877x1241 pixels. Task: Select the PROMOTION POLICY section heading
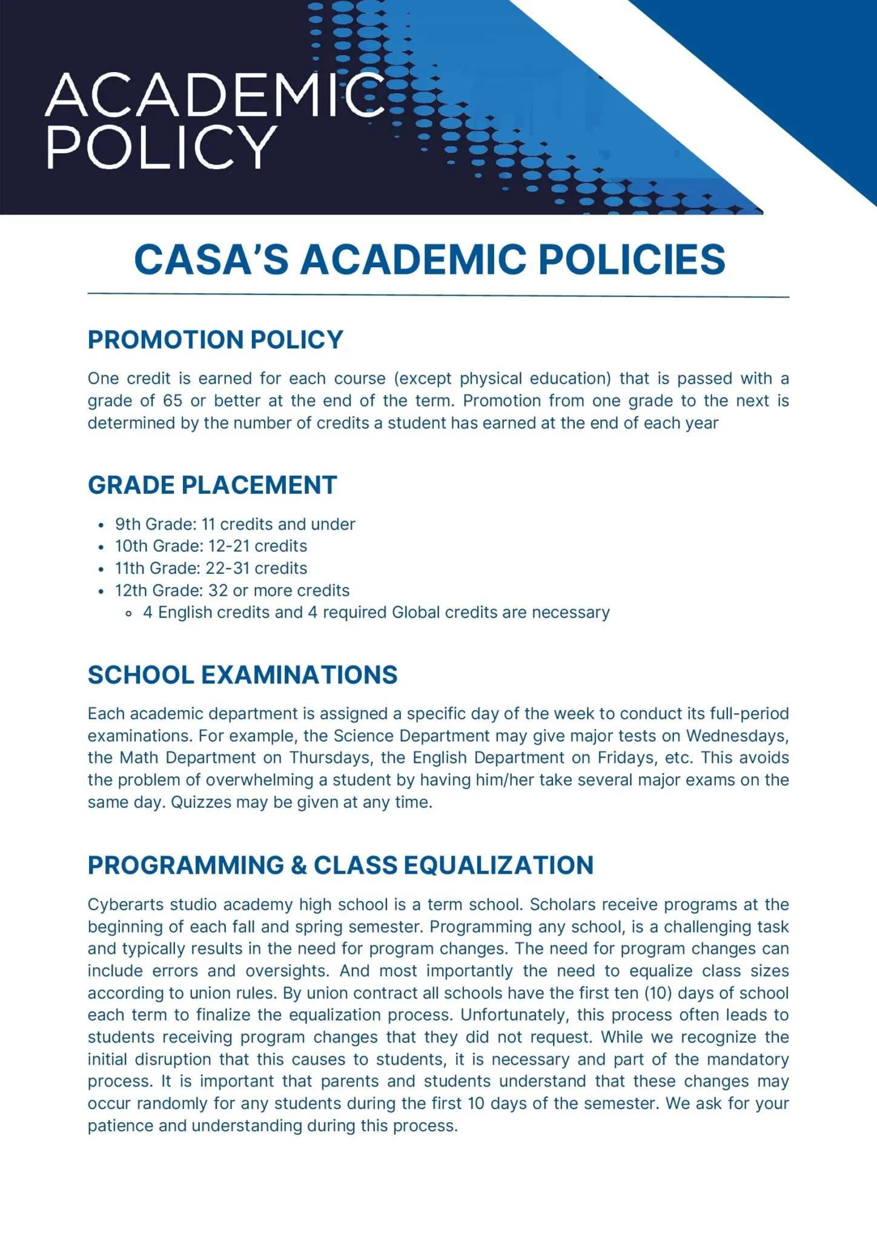pyautogui.click(x=215, y=340)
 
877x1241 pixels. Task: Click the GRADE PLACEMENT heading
pyautogui.click(x=212, y=485)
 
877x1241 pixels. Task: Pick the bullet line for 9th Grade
pyautogui.click(x=235, y=524)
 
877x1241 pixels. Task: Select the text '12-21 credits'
pyautogui.click(x=257, y=546)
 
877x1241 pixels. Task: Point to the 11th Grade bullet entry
pyautogui.click(x=211, y=568)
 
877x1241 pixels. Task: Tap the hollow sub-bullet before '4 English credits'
pyautogui.click(x=128, y=614)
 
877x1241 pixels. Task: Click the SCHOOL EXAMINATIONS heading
pyautogui.click(x=242, y=675)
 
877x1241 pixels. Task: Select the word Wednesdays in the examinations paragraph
pyautogui.click(x=737, y=736)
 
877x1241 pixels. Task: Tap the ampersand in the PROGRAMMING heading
pyautogui.click(x=299, y=865)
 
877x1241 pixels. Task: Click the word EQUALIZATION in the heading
pyautogui.click(x=498, y=865)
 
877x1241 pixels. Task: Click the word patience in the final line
pyautogui.click(x=120, y=1126)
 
